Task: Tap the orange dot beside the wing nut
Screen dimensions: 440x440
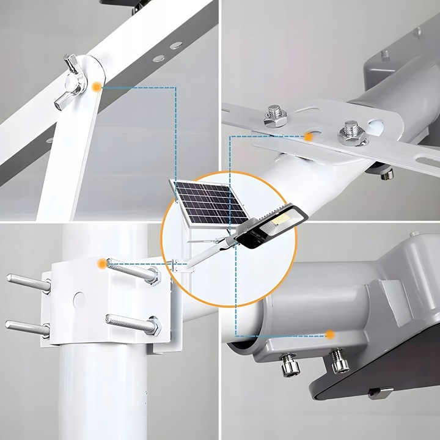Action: point(96,87)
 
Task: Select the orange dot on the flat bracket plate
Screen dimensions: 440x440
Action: point(309,138)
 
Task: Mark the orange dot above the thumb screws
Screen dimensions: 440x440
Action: point(330,334)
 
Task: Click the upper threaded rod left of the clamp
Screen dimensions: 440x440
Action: point(28,282)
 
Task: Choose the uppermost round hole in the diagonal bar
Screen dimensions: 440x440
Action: point(176,46)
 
